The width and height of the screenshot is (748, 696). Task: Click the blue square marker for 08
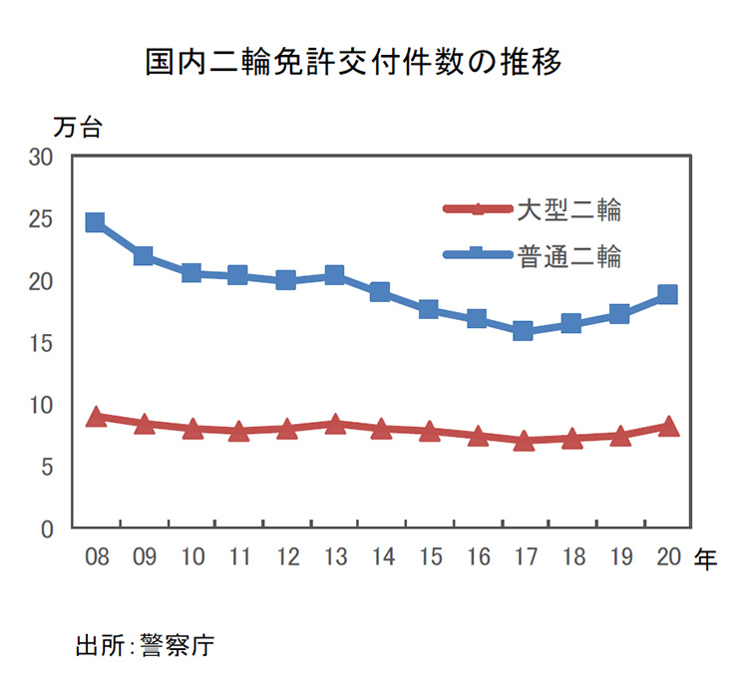click(x=96, y=222)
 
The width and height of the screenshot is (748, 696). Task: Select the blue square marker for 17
click(x=524, y=331)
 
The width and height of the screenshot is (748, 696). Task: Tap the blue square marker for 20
click(x=667, y=294)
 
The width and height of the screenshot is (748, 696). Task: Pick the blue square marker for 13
click(x=334, y=275)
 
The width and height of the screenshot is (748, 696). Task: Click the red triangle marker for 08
click(x=96, y=417)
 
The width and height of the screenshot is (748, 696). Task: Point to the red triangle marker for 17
click(x=524, y=441)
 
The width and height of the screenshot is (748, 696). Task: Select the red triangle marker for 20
click(x=667, y=427)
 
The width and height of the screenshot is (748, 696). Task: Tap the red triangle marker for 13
click(x=334, y=425)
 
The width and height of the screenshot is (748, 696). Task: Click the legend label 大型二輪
click(x=569, y=210)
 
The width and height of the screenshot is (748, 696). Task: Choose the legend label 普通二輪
click(x=569, y=257)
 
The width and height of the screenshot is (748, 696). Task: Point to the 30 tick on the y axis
click(x=41, y=158)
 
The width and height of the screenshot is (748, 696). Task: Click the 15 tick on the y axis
click(x=41, y=343)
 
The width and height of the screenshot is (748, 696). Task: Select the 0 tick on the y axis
click(x=47, y=528)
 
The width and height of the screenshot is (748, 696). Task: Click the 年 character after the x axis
click(x=705, y=558)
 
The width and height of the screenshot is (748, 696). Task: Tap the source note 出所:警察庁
click(x=146, y=645)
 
